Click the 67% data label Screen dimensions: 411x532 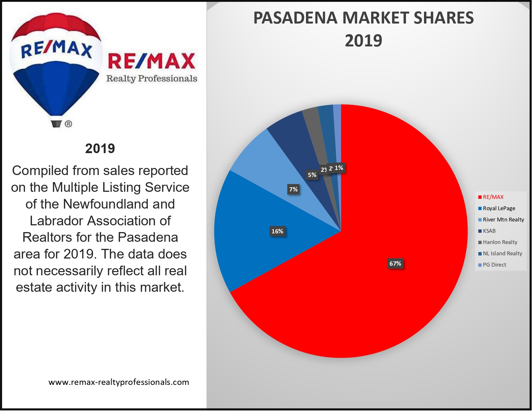point(395,264)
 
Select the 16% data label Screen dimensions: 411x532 point(277,231)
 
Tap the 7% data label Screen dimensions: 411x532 point(293,189)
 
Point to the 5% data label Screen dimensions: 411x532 point(312,175)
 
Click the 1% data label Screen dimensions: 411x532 point(339,168)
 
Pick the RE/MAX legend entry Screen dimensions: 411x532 point(493,197)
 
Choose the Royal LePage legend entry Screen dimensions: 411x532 point(498,208)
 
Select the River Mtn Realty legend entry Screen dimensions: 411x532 point(503,220)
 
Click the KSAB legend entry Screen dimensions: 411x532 point(489,231)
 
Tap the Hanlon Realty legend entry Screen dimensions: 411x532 point(500,242)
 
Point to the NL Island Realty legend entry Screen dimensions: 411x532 point(502,253)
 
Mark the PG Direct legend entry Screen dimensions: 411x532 point(494,265)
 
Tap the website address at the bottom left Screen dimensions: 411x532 point(119,382)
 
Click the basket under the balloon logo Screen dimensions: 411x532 point(56,124)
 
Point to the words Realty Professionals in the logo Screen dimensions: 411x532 point(152,78)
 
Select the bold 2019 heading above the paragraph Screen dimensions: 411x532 point(100,149)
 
